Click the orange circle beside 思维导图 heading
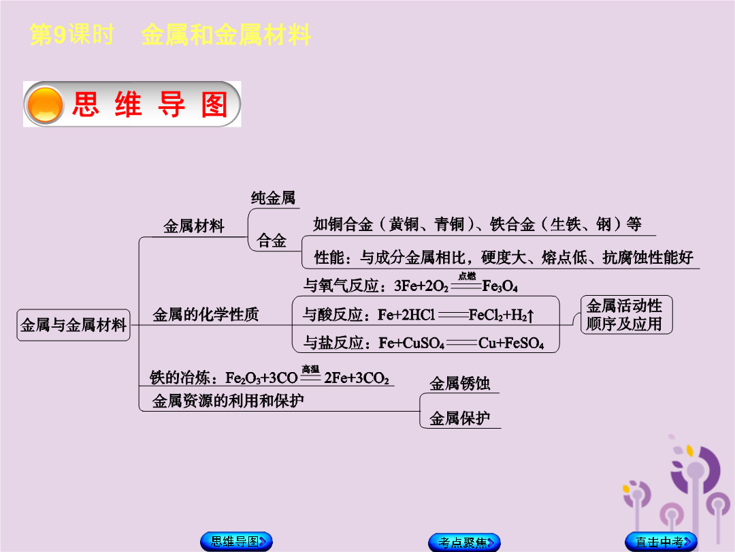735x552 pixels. pyautogui.click(x=45, y=105)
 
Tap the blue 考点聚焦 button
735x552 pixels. pyautogui.click(x=464, y=542)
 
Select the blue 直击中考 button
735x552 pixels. pyautogui.click(x=661, y=542)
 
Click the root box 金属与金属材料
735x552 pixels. pyautogui.click(x=73, y=325)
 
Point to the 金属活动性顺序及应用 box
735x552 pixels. pyautogui.click(x=626, y=314)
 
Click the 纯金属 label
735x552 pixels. pyautogui.click(x=273, y=198)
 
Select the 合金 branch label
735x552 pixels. pyautogui.click(x=272, y=241)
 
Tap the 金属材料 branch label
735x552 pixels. pyautogui.click(x=193, y=226)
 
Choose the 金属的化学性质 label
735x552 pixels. pyautogui.click(x=206, y=314)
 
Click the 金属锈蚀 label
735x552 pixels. pyautogui.click(x=460, y=384)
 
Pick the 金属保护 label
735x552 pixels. pyautogui.click(x=460, y=418)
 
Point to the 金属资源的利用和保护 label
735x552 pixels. pyautogui.click(x=228, y=401)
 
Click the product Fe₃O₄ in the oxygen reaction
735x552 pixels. pyautogui.click(x=500, y=286)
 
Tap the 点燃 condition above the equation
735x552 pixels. pyautogui.click(x=467, y=276)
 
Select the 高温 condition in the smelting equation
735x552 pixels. pyautogui.click(x=310, y=369)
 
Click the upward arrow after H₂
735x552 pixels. pyautogui.click(x=530, y=316)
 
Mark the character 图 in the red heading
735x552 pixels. pyautogui.click(x=214, y=104)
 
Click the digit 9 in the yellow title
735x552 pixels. pyautogui.click(x=60, y=35)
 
